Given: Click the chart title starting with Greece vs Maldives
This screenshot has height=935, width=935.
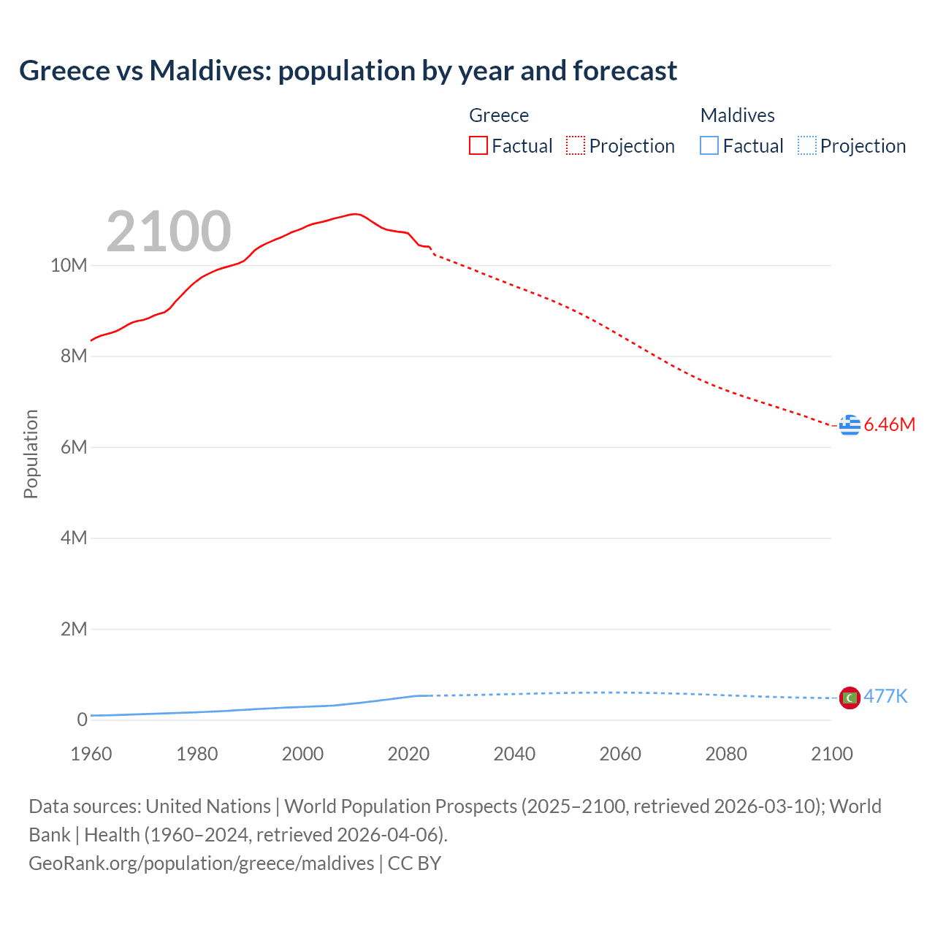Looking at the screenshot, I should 348,71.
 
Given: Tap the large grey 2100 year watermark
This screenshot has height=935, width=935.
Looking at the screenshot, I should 169,232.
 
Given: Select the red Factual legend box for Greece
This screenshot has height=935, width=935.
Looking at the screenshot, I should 478,145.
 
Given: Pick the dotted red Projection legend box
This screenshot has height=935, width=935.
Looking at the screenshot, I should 576,145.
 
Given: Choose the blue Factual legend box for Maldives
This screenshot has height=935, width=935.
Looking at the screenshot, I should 709,145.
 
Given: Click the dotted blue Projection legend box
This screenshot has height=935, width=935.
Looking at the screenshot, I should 806,145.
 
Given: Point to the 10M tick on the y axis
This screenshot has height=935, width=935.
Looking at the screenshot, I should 69,265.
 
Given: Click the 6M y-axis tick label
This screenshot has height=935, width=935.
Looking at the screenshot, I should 73,447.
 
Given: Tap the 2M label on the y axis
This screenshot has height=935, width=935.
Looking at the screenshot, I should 73,629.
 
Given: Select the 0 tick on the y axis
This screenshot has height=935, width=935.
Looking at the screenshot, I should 82,720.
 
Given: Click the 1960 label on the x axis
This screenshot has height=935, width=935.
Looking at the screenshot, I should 91,754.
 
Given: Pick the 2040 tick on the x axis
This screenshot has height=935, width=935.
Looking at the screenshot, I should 514,754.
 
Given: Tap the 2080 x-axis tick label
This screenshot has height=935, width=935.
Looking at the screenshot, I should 726,754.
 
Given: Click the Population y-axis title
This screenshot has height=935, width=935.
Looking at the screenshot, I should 31,454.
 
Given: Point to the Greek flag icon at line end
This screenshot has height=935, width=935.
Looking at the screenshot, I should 850,424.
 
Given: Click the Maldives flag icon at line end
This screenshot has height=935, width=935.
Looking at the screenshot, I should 850,698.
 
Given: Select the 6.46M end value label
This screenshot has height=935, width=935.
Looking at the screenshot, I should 890,424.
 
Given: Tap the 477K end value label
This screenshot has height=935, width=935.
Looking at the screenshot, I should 885,696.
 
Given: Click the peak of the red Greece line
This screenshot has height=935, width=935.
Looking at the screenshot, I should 354,214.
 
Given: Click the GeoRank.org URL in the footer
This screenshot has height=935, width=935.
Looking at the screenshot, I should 201,863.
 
